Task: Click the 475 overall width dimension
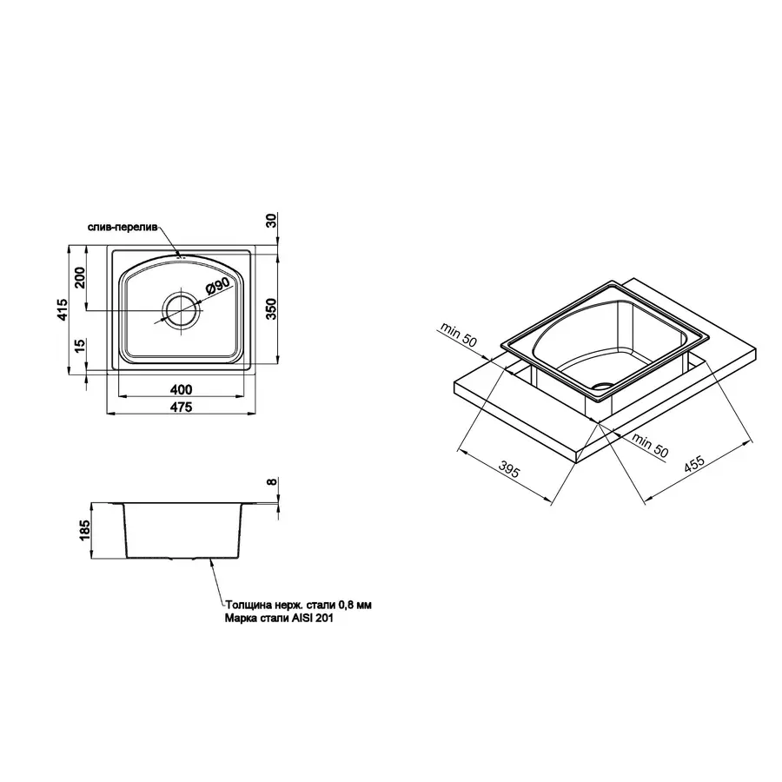182,407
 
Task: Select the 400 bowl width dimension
182,388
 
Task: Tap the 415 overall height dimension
61,310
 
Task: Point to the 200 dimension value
79,278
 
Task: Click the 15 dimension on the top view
79,347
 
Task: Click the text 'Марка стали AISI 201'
278,620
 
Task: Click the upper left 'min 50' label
458,335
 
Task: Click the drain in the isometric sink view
601,382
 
